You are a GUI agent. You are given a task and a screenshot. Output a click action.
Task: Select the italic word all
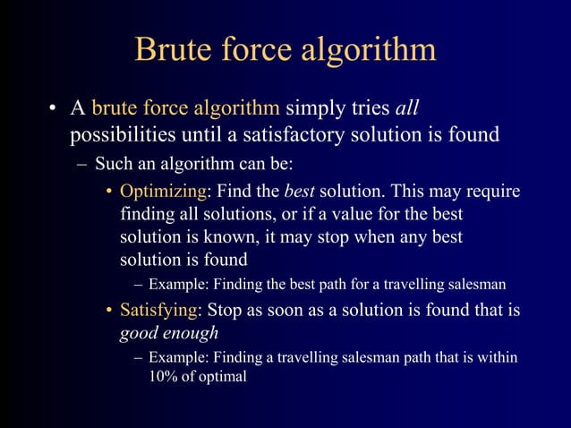click(x=407, y=109)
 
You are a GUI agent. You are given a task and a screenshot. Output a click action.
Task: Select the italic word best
click(x=299, y=193)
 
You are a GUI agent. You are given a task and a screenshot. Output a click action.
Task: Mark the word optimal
click(x=222, y=377)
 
